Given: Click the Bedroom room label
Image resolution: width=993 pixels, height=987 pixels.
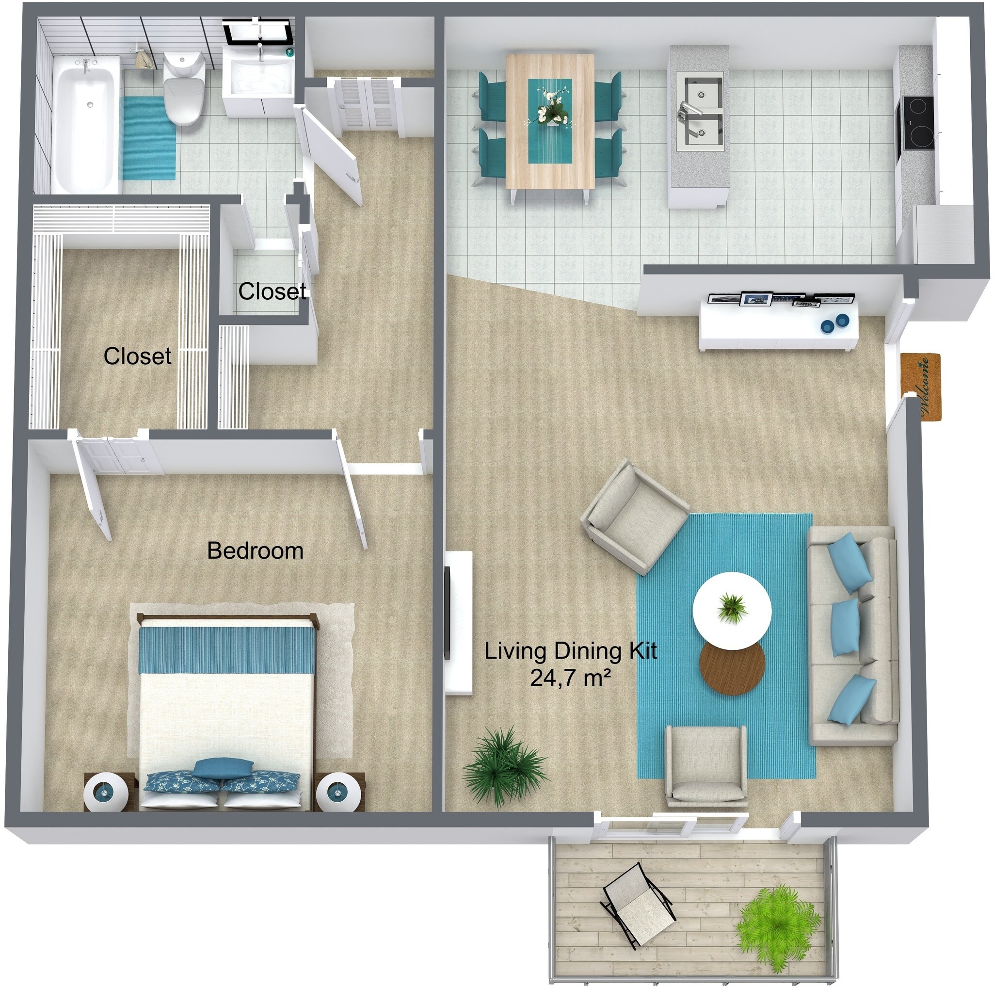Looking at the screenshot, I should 255,551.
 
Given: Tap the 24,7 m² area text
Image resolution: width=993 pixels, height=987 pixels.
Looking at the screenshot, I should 571,679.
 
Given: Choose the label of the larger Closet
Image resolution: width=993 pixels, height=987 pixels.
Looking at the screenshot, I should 137,356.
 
